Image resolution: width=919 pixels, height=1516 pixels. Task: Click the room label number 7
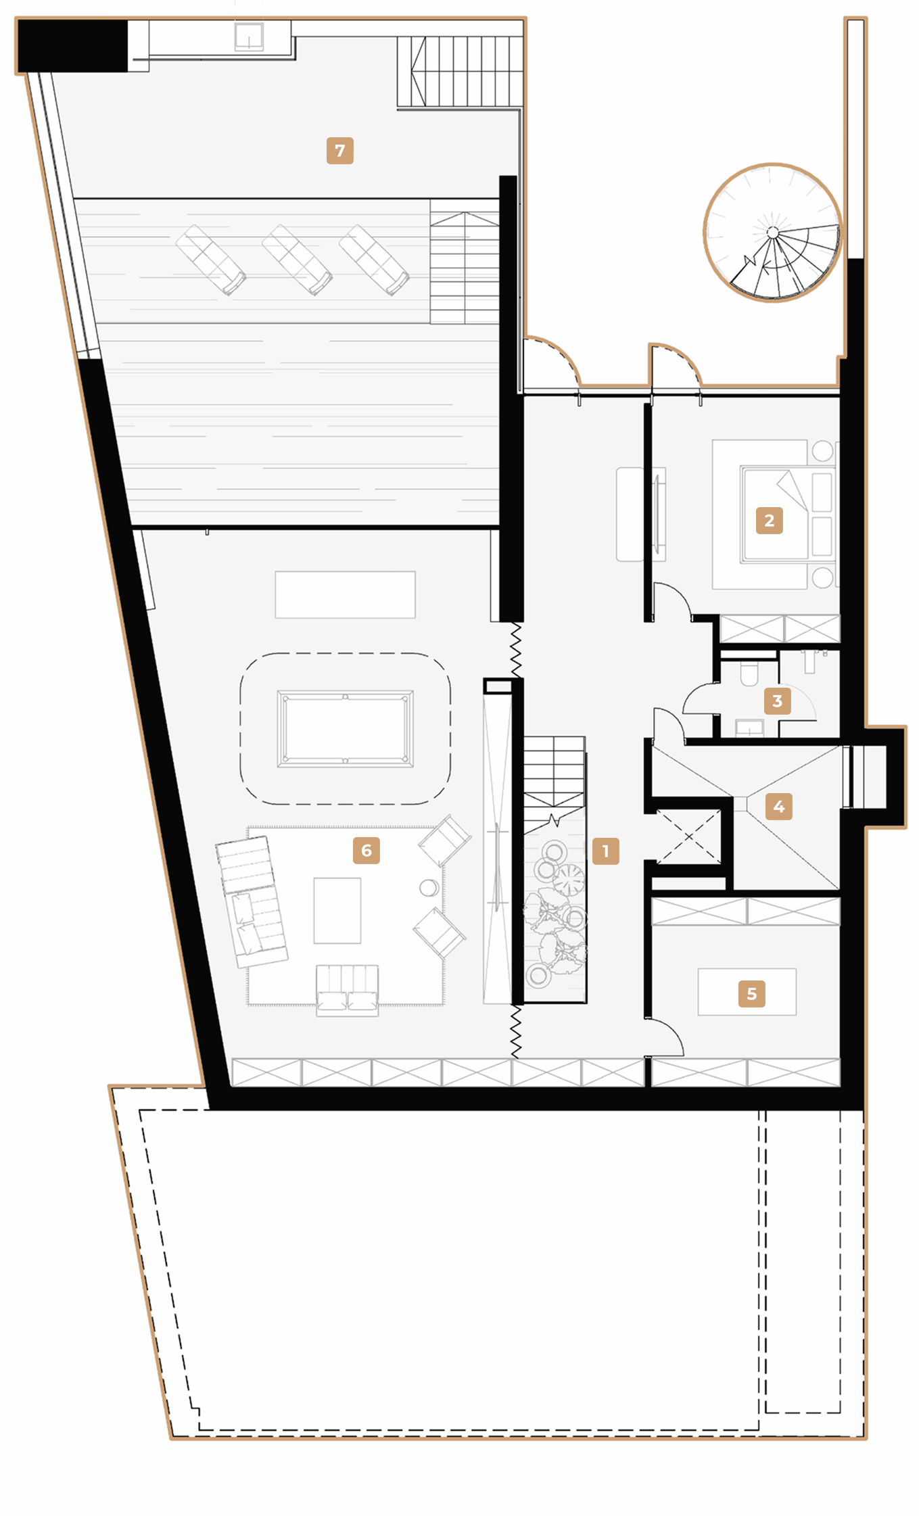(339, 151)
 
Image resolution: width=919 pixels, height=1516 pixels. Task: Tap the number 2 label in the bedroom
(769, 521)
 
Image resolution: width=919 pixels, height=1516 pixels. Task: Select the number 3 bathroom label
(777, 701)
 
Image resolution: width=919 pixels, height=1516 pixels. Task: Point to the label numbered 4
(779, 806)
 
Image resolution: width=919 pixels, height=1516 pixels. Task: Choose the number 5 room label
(751, 993)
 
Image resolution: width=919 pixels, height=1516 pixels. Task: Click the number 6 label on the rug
(367, 850)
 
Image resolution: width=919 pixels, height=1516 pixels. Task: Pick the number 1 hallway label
(605, 851)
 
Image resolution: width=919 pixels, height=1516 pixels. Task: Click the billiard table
(346, 728)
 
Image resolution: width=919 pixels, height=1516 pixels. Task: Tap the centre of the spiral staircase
(773, 233)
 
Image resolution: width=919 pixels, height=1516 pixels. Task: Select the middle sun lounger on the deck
(297, 260)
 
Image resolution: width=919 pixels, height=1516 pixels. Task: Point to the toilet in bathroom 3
(749, 673)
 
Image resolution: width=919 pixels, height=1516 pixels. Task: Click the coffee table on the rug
(337, 910)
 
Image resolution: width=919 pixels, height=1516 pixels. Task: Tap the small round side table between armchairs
(429, 887)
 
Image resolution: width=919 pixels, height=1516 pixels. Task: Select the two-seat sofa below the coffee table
(348, 990)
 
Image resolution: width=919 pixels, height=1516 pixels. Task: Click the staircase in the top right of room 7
(460, 72)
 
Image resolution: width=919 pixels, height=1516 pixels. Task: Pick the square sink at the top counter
(249, 37)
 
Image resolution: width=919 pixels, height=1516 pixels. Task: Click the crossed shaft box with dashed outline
(689, 837)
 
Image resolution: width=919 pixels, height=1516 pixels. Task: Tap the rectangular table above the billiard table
(346, 594)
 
